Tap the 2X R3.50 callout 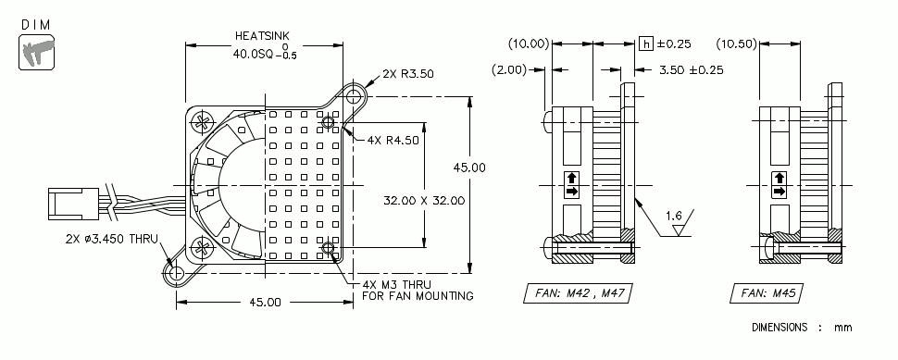(x=406, y=72)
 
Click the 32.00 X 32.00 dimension (x=424, y=199)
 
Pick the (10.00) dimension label (x=530, y=43)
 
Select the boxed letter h (x=646, y=43)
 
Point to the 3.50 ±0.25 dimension (x=691, y=68)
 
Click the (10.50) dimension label (x=739, y=43)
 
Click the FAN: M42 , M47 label (x=580, y=293)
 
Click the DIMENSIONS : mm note (x=802, y=327)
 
